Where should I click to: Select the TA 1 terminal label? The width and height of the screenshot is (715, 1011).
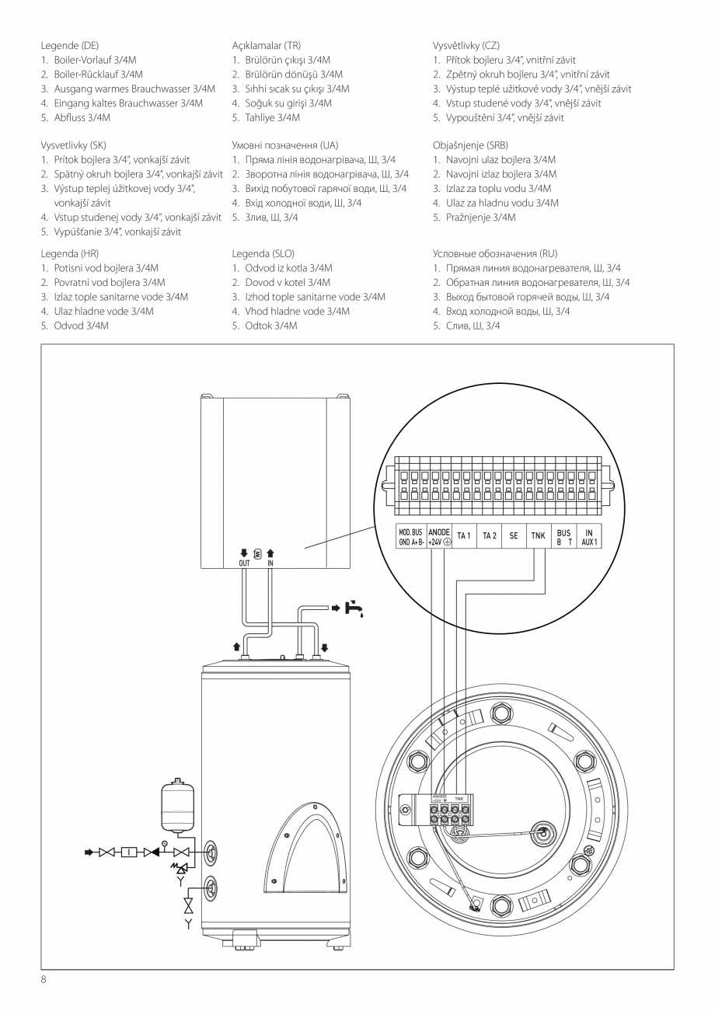pos(464,535)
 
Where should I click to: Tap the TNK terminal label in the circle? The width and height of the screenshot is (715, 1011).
pos(538,535)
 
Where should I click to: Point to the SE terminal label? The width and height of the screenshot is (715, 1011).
pos(514,535)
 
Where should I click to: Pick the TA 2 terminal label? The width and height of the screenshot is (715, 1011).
pos(489,535)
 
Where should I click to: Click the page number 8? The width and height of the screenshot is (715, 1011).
pos(44,980)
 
